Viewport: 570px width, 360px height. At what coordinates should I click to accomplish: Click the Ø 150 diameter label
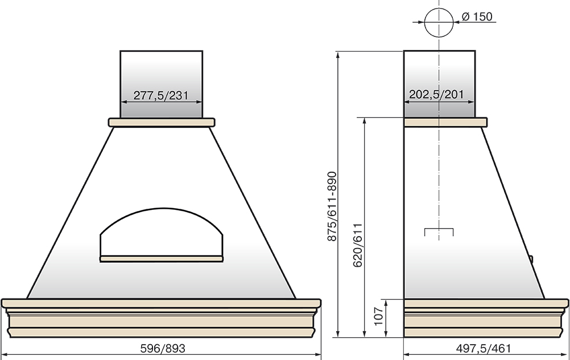coord(477,16)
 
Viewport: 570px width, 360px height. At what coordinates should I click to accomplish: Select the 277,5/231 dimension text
coord(161,96)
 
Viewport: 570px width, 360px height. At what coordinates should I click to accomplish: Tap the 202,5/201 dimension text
coord(436,94)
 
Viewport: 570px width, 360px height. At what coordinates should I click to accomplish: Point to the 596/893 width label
coord(163,349)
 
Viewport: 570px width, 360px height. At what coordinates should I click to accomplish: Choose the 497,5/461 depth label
coord(484,349)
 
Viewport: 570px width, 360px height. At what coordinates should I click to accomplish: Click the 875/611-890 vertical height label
coord(332,206)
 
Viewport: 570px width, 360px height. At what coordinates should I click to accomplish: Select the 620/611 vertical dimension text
coord(358,245)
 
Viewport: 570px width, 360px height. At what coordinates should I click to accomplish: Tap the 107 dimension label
coord(379,316)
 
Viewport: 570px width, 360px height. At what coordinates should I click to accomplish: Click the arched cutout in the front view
coord(162,209)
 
